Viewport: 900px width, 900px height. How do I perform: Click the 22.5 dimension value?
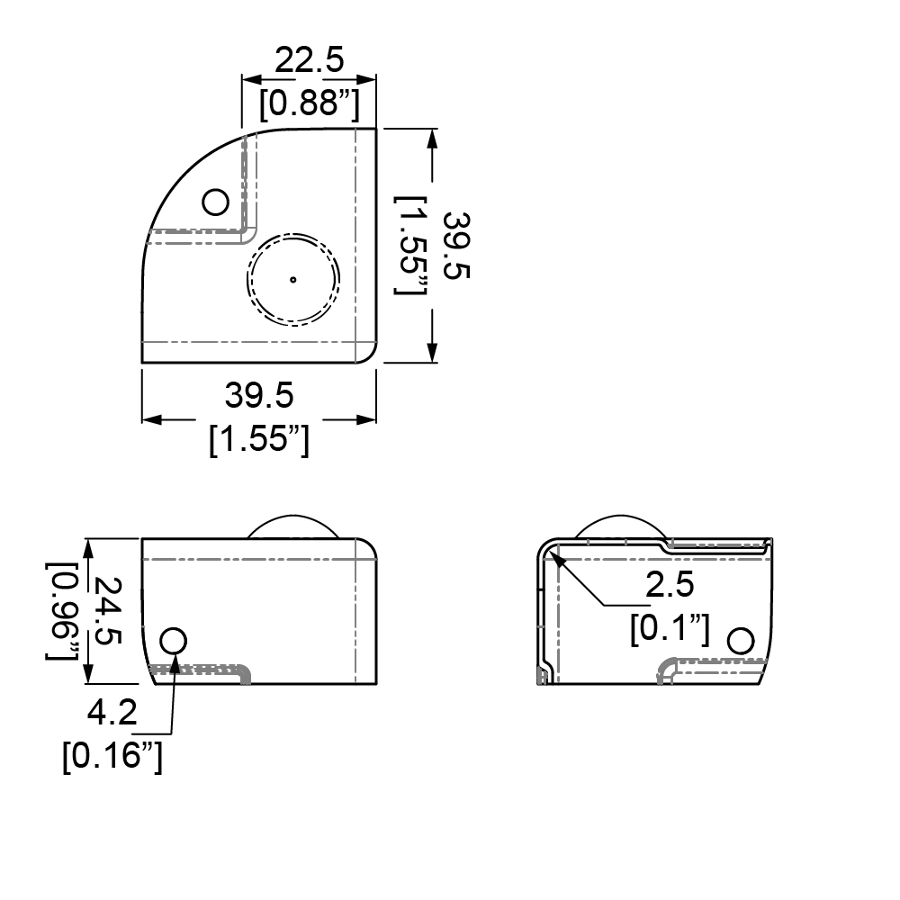pos(310,59)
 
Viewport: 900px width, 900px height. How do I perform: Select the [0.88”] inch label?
pos(310,103)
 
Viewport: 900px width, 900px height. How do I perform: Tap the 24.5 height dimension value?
pos(108,611)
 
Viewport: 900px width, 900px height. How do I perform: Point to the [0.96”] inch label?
pos(63,611)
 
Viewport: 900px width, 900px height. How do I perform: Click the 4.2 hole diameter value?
pos(112,712)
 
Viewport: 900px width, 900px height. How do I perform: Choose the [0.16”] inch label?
pos(112,755)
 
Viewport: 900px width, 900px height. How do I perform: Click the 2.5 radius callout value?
pos(670,584)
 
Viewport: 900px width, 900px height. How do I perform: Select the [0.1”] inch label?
pos(670,628)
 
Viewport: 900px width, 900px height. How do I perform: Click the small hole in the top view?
pos(216,202)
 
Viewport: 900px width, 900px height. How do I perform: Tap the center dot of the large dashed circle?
pos(293,280)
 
